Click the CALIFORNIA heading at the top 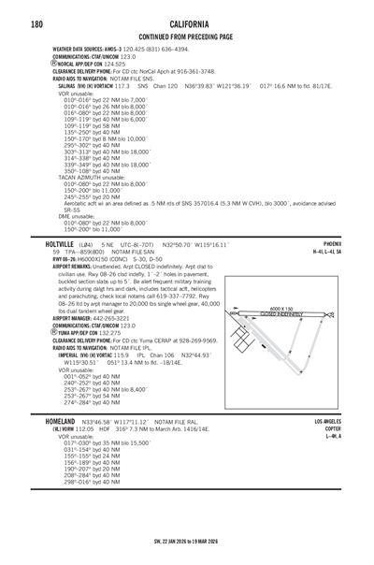[188, 21]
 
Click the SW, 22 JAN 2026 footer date [187, 540]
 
